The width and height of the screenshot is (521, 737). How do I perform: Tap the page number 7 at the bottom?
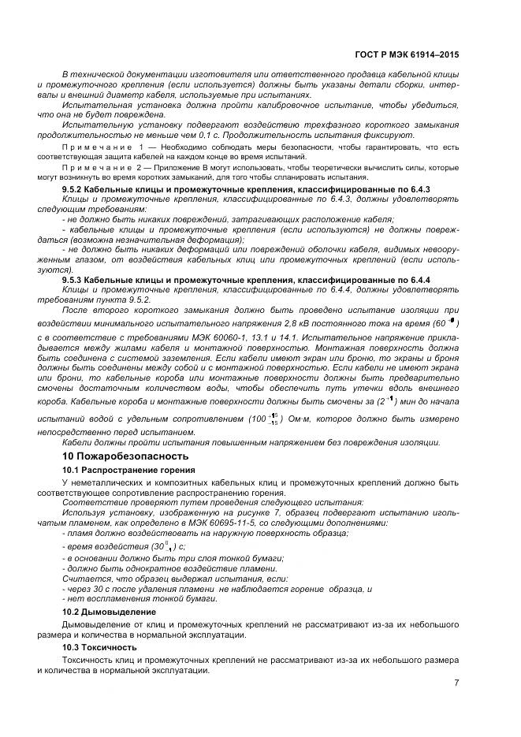pos(456,683)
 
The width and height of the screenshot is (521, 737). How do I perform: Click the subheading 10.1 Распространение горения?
pos(117,470)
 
